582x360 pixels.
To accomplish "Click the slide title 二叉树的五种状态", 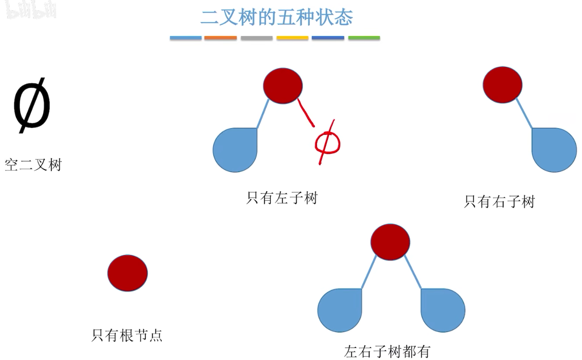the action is click(277, 18).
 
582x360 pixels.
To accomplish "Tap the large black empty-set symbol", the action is click(32, 107).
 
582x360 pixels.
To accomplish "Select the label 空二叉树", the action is click(33, 165).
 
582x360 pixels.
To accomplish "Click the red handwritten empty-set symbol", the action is click(327, 143).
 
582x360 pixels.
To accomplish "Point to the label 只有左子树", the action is click(282, 198).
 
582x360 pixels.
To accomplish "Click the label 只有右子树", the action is click(499, 201).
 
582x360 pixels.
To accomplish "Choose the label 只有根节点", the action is click(127, 335).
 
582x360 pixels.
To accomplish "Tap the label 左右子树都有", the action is click(387, 351).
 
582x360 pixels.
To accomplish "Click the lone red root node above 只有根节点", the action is click(127, 273).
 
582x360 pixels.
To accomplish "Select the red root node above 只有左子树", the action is click(282, 86).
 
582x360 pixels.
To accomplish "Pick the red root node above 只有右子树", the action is click(502, 85).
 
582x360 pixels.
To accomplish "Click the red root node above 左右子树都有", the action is click(390, 242).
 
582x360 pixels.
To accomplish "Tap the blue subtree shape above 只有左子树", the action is click(235, 150).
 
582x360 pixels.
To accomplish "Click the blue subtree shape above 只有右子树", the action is click(554, 150).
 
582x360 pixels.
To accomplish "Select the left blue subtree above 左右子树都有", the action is click(340, 310).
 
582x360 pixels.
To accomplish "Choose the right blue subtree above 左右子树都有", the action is click(443, 310).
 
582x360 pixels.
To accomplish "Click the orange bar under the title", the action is click(220, 38).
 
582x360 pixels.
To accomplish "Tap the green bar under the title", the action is click(364, 38).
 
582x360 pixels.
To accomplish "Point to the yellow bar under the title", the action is click(292, 38).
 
